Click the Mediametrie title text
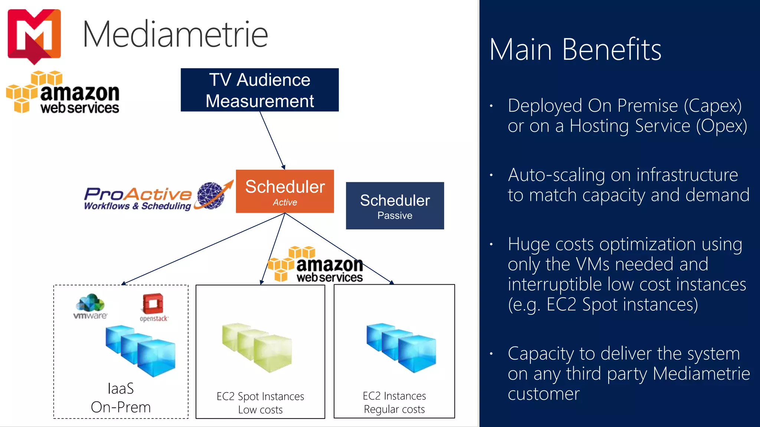[x=175, y=34]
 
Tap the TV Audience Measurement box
[x=259, y=90]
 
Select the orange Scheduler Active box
[x=285, y=191]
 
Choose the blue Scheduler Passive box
[x=394, y=206]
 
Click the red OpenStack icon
[x=153, y=304]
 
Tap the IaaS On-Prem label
[x=121, y=398]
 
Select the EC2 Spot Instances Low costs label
[x=260, y=403]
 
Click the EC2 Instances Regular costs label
[x=394, y=402]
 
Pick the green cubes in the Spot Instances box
[x=257, y=347]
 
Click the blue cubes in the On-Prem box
[x=141, y=350]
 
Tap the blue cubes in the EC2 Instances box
[x=401, y=347]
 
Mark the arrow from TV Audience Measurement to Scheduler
[x=272, y=140]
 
